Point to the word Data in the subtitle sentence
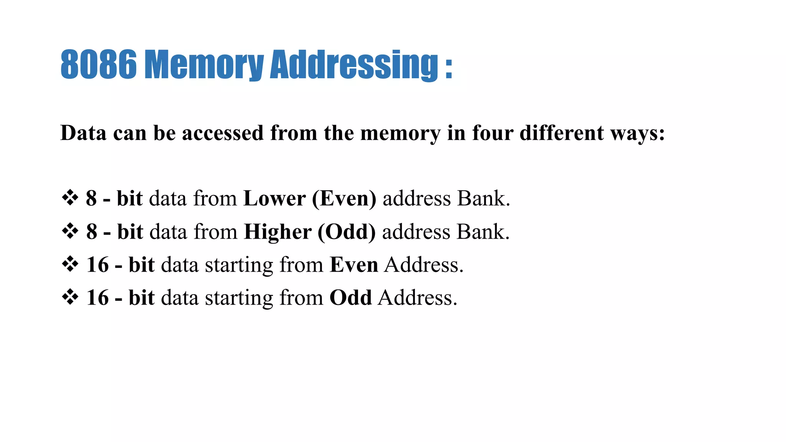point(83,133)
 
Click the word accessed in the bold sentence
point(223,133)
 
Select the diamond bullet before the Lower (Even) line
point(70,198)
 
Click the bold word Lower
point(274,198)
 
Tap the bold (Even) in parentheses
point(344,198)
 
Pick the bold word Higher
point(278,232)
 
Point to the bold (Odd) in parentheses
point(347,232)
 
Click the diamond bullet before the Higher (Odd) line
point(70,231)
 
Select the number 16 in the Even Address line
point(97,265)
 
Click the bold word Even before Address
point(354,265)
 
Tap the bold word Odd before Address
point(350,298)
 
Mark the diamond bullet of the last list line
point(70,297)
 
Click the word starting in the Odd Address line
point(239,299)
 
